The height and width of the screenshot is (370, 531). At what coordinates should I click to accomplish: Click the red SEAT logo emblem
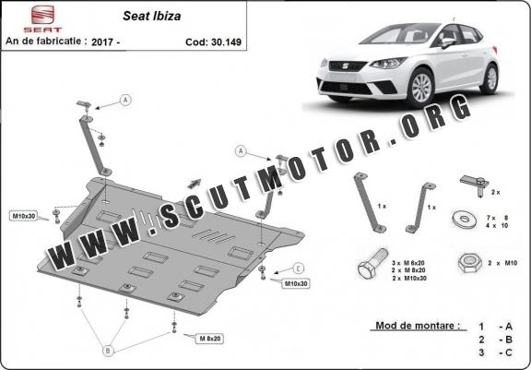(x=42, y=15)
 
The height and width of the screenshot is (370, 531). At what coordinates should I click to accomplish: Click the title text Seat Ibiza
(x=152, y=16)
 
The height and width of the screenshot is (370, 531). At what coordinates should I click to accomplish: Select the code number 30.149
(x=226, y=42)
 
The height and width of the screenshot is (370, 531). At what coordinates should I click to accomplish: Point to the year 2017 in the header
(x=102, y=42)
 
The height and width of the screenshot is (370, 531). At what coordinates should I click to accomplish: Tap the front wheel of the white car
(x=420, y=88)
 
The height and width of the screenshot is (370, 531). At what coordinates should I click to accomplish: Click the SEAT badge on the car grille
(x=347, y=66)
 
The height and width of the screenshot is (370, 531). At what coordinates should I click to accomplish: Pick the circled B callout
(x=108, y=351)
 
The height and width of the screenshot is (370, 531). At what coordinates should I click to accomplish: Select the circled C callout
(x=298, y=269)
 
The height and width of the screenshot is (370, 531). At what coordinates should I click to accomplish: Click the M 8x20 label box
(x=210, y=338)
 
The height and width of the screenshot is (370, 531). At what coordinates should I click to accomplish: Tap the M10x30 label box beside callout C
(x=296, y=283)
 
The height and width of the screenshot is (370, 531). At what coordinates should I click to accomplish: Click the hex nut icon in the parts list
(x=470, y=263)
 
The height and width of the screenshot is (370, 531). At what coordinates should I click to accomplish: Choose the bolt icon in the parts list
(x=372, y=263)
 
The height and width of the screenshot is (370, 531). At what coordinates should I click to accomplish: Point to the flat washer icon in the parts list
(x=465, y=220)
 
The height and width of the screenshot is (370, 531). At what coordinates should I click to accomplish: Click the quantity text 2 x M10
(x=502, y=263)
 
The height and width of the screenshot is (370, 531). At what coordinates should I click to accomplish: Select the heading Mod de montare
(x=419, y=326)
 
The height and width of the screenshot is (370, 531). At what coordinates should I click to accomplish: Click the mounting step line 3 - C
(x=495, y=352)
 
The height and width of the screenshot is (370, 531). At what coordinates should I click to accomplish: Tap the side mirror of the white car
(x=448, y=42)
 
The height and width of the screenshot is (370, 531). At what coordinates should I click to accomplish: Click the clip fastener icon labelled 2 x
(x=475, y=185)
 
